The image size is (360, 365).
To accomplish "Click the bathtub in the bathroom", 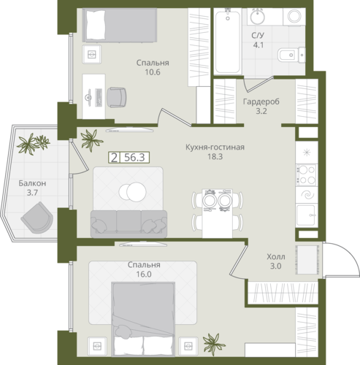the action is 228,41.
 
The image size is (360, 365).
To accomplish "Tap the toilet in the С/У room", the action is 291,55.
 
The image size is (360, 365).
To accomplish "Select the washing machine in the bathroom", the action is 294,16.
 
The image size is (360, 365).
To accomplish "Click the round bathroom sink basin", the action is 258,17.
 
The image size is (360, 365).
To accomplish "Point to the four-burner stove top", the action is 307,175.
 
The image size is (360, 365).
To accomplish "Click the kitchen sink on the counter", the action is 307,215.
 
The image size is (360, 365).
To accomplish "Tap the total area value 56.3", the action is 134,158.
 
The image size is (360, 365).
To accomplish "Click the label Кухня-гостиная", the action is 215,147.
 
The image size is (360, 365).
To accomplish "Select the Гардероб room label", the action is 261,101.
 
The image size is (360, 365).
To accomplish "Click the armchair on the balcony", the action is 37,218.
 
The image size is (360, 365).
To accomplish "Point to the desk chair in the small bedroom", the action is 117,97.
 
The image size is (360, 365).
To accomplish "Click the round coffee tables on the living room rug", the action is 133,191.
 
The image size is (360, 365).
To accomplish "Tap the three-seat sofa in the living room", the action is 129,224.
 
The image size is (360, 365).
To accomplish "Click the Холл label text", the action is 276,257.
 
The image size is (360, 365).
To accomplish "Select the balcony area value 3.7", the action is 32,193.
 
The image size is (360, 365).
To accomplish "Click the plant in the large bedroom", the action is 214,345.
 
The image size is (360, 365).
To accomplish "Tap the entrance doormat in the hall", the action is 307,260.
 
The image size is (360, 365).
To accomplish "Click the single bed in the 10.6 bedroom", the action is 119,25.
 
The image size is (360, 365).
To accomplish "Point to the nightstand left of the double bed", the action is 97,346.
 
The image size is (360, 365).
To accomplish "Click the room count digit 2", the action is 114,158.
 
